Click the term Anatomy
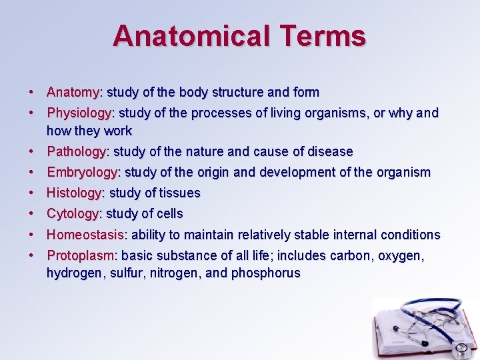point(73,92)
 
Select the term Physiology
point(79,113)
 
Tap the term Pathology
point(76,151)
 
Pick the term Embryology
point(81,172)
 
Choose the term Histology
point(73,193)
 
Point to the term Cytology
point(72,213)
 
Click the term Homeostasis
point(85,235)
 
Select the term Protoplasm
point(80,255)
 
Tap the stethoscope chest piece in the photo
point(460,349)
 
